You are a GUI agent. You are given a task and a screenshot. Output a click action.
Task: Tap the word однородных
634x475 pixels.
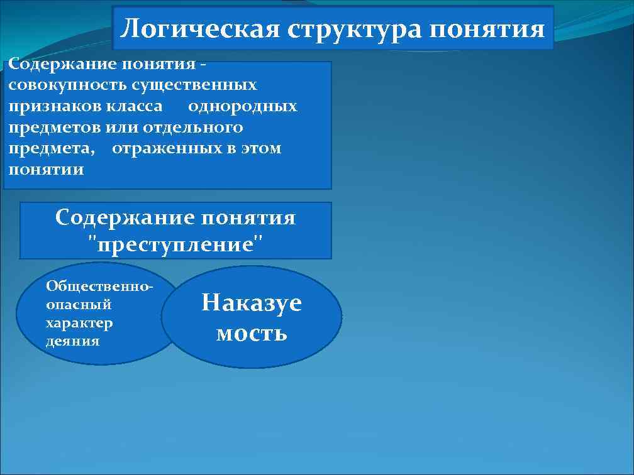pos(243,106)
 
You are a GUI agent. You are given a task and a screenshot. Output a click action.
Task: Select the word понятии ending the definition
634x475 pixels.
pos(46,170)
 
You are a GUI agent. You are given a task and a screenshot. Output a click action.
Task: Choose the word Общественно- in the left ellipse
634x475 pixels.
pos(99,286)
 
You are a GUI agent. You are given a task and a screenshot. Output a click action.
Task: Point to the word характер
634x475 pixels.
pos(79,323)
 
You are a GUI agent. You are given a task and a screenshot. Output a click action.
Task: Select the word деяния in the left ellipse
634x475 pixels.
pos(73,341)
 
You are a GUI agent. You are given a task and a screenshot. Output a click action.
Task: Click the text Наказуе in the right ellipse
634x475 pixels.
pos(252,303)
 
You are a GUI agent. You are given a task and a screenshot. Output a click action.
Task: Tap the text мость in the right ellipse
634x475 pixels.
pos(252,333)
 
